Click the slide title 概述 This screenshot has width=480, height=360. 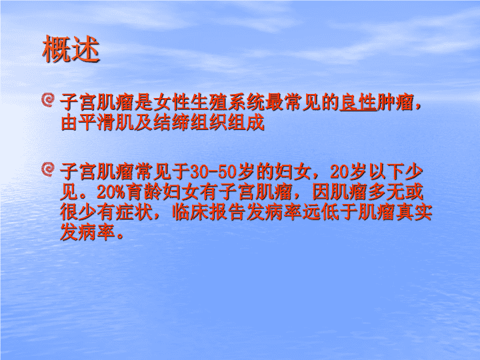71,49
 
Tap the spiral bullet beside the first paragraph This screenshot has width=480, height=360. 48,100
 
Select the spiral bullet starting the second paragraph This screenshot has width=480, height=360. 48,169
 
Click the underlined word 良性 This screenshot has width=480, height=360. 358,102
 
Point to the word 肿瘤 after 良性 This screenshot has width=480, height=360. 395,102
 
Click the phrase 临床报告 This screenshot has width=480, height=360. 209,213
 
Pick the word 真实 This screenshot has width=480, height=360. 414,213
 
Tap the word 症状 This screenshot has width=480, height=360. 134,213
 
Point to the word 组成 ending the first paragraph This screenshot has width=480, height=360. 246,123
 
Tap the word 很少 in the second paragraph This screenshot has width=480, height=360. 79,213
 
